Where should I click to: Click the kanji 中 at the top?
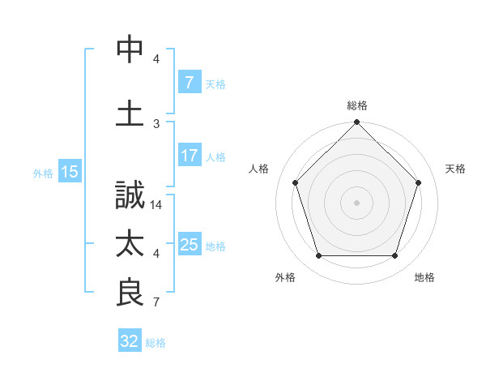[x=130, y=49]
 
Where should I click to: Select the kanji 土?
[x=130, y=113]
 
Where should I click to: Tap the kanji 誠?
[x=130, y=197]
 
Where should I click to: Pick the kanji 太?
[x=130, y=245]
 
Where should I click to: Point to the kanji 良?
[x=130, y=293]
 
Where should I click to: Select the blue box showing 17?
[x=189, y=156]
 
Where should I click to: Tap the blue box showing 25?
[x=189, y=245]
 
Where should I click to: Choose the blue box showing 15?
[x=69, y=171]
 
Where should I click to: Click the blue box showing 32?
[x=129, y=341]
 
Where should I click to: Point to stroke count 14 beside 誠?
[x=157, y=206]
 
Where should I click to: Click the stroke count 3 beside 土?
[x=156, y=123]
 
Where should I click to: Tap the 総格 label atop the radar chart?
[x=357, y=105]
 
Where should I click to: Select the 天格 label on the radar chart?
[x=456, y=169]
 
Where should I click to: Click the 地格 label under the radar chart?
[x=424, y=277]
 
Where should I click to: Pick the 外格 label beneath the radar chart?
[x=285, y=277]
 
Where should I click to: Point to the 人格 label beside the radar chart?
[x=259, y=169]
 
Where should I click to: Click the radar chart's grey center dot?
[x=356, y=202]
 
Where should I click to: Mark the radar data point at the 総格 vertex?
[x=356, y=123]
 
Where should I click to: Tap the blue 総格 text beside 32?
[x=156, y=342]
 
